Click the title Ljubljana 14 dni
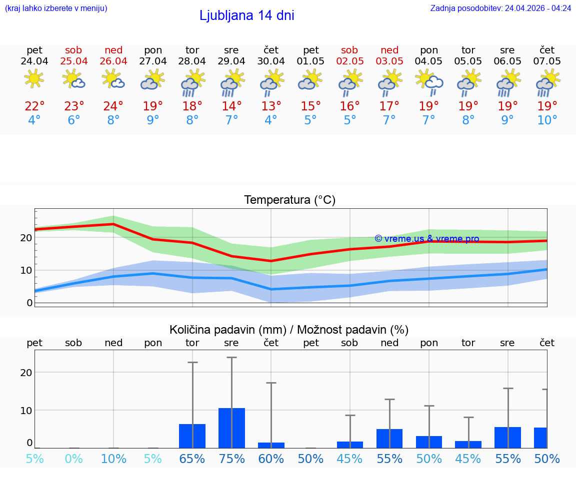point(246,15)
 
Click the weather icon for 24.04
point(34,79)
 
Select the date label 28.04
point(192,61)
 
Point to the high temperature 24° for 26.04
point(113,106)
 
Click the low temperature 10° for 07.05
point(547,120)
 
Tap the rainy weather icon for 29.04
point(231,82)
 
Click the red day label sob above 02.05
point(349,50)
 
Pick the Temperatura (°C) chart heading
point(289,200)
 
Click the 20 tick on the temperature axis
point(26,238)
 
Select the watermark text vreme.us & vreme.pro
point(427,239)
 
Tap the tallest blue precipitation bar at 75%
point(231,428)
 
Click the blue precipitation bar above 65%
point(192,436)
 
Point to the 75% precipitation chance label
point(231,459)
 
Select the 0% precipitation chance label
point(73,459)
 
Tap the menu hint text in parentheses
point(56,8)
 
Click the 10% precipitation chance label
point(113,459)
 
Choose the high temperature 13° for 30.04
point(271,106)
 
